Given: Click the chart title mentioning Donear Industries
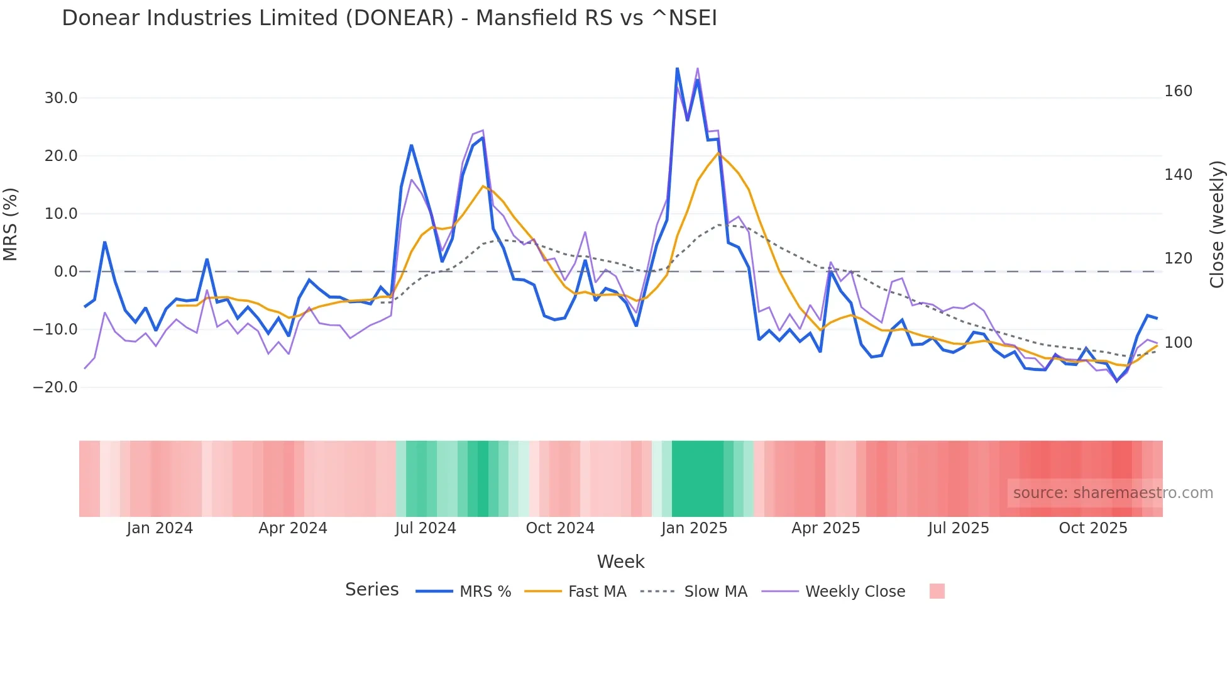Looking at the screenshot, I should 389,18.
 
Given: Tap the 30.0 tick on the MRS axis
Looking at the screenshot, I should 61,98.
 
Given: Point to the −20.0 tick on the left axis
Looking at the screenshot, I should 55,387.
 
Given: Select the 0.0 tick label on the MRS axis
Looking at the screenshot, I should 66,272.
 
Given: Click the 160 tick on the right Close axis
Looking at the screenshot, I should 1178,91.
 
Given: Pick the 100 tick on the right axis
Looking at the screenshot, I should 1178,343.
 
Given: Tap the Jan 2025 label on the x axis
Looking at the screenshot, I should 694,528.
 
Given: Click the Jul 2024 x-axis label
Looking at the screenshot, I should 426,528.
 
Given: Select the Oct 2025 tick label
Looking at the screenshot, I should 1093,528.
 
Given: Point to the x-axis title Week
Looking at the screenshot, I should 620,562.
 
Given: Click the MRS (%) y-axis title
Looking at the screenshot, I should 11,225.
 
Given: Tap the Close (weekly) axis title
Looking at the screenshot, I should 1217,225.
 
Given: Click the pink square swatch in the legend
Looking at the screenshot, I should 937,591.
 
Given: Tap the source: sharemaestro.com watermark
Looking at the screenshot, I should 1113,493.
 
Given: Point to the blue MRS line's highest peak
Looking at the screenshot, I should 677,68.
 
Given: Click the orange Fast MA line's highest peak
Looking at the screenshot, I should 718,153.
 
